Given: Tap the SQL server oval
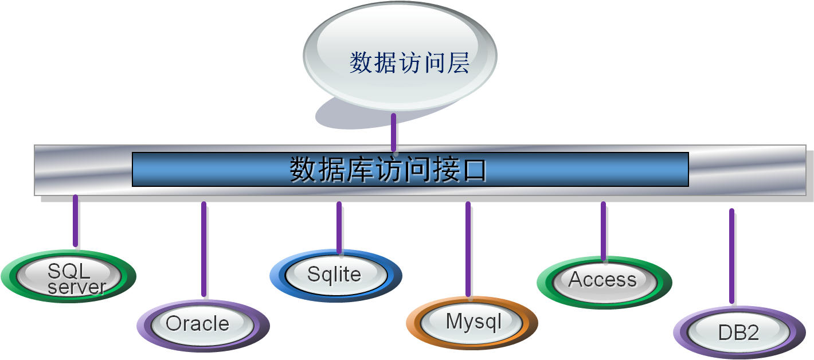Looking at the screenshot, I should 69,278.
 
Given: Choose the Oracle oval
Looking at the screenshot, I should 203,324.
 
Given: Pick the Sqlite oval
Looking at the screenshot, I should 336,275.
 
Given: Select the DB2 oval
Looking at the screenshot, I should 738,332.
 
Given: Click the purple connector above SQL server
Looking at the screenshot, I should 75,221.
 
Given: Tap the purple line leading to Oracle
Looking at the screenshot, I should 203,249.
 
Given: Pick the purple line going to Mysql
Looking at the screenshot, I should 468,249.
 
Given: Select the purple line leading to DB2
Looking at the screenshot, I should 731,256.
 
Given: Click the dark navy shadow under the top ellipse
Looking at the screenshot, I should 344,118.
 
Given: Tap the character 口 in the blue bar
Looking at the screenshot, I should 474,170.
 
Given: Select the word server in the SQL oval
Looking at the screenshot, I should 77,287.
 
